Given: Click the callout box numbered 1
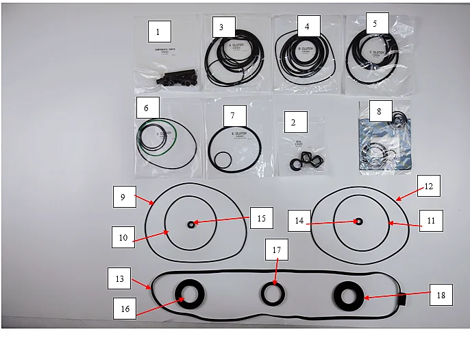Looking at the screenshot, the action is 158,32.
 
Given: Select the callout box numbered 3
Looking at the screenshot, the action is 221,27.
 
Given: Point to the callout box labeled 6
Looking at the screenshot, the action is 147,108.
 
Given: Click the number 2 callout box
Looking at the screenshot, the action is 293,123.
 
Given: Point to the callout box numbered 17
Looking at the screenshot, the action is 276,250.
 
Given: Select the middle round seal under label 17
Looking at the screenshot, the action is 274,295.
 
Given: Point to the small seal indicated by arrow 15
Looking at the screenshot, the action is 191,224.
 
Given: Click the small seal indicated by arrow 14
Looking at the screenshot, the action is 358,221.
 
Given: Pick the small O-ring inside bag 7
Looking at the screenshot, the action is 221,159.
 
